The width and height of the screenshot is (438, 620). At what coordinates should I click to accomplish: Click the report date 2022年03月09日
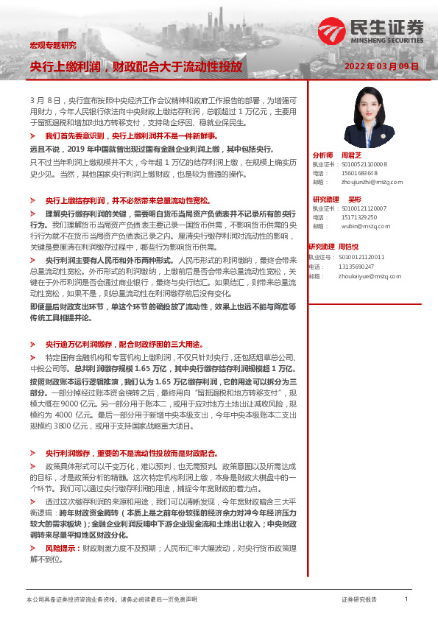[381, 66]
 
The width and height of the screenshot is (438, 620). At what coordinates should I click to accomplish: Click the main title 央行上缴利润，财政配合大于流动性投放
[135, 66]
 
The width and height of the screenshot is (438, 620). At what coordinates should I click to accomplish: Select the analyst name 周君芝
[350, 155]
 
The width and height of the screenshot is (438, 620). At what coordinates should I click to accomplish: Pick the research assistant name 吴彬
[355, 200]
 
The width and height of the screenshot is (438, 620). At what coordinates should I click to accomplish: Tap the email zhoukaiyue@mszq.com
[367, 276]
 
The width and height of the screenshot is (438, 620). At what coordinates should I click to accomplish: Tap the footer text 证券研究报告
[359, 600]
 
